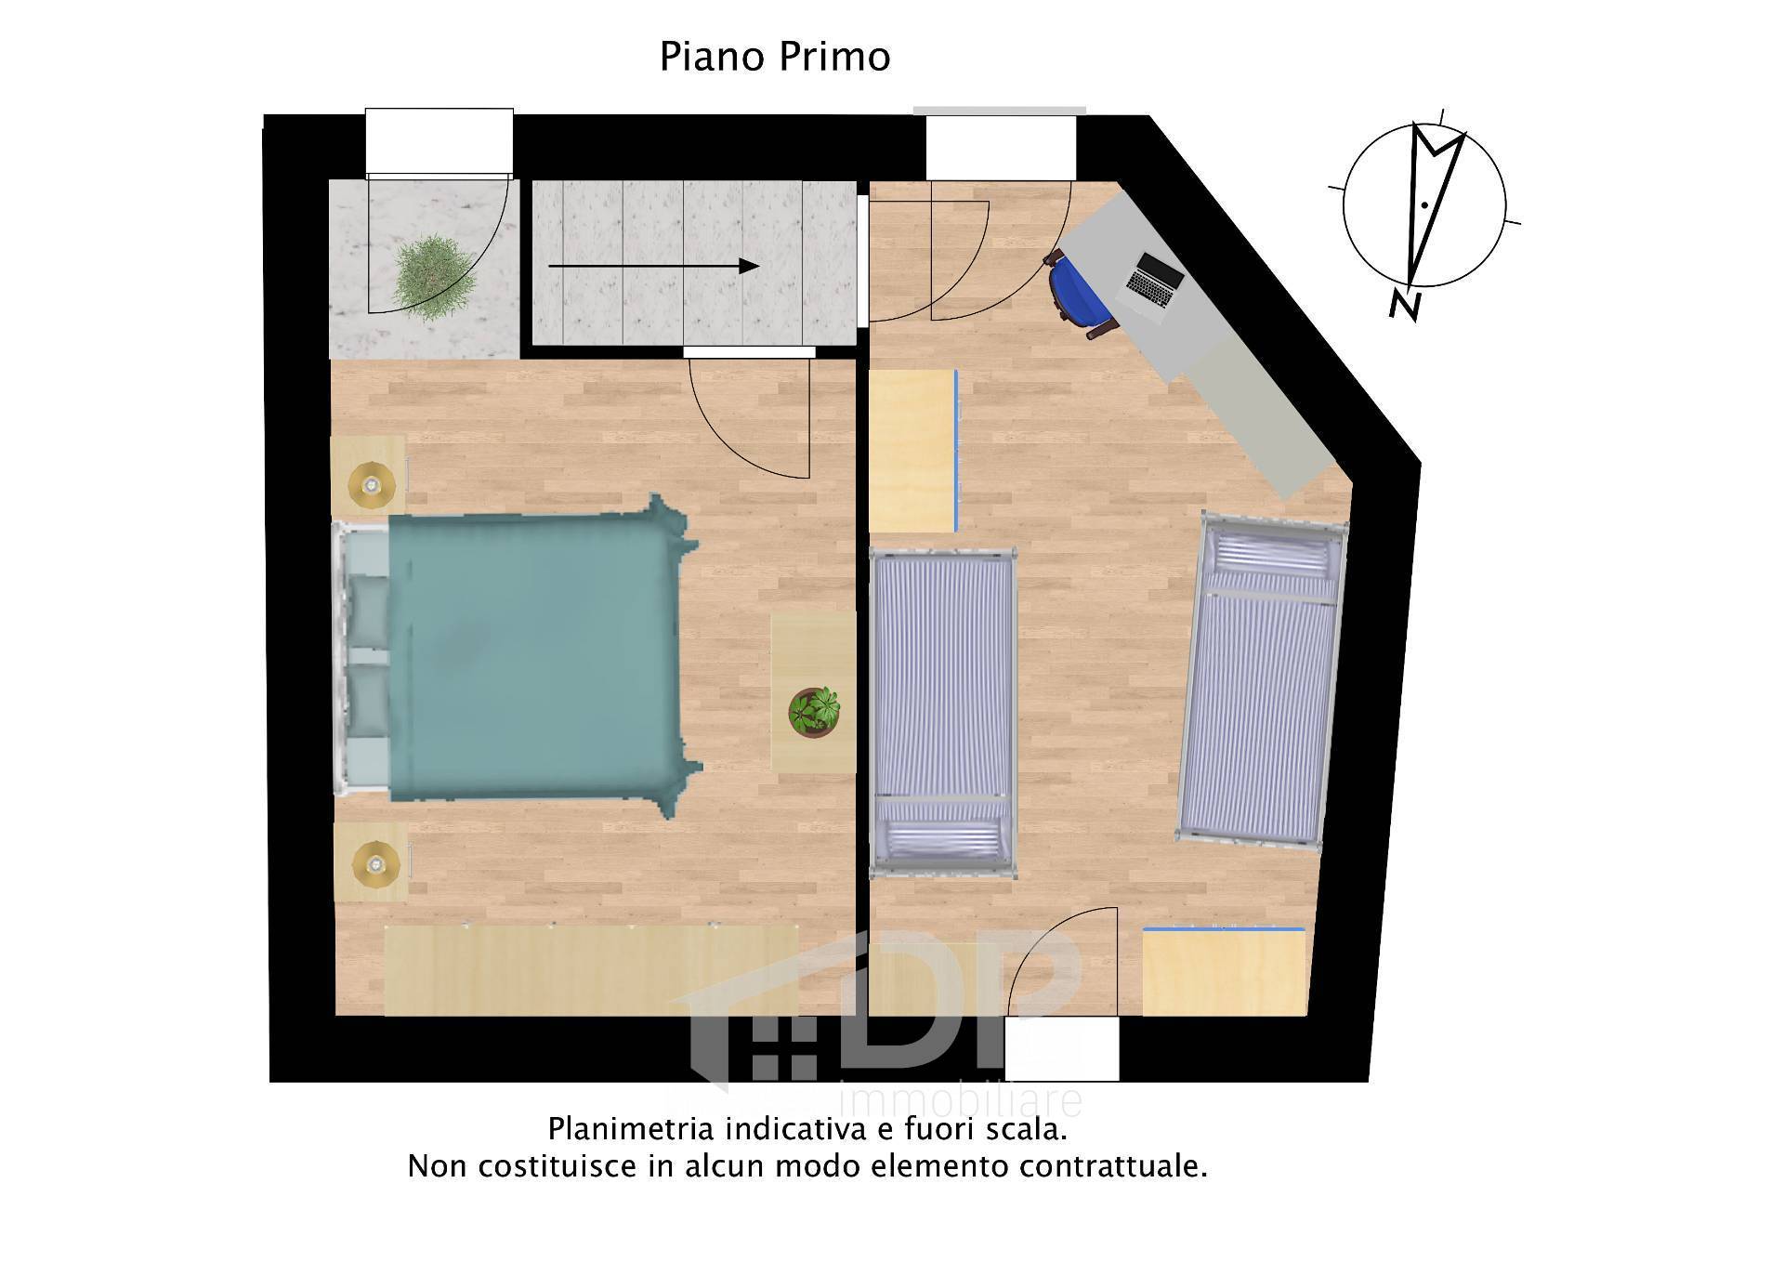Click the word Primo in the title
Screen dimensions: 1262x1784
tap(833, 57)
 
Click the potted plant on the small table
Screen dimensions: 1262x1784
tap(814, 711)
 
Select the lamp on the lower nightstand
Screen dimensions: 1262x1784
tap(374, 863)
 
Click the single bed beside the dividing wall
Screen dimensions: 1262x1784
tap(942, 712)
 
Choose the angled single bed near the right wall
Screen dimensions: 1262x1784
tap(1262, 681)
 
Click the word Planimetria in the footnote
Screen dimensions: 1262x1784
tap(632, 1129)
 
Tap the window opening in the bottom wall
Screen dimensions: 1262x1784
tap(1061, 1048)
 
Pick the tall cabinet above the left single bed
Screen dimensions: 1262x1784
tap(912, 451)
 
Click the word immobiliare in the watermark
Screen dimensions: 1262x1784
tap(961, 1101)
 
